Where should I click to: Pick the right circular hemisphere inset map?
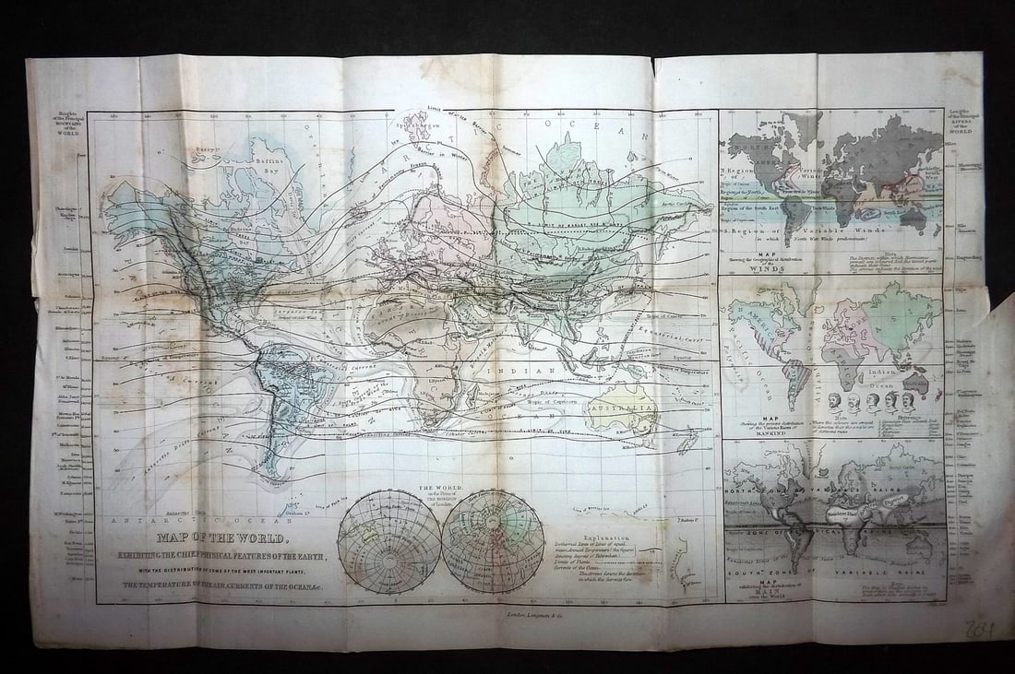coord(492,540)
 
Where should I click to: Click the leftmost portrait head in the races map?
coord(833,400)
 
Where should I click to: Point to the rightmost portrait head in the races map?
coord(908,400)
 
